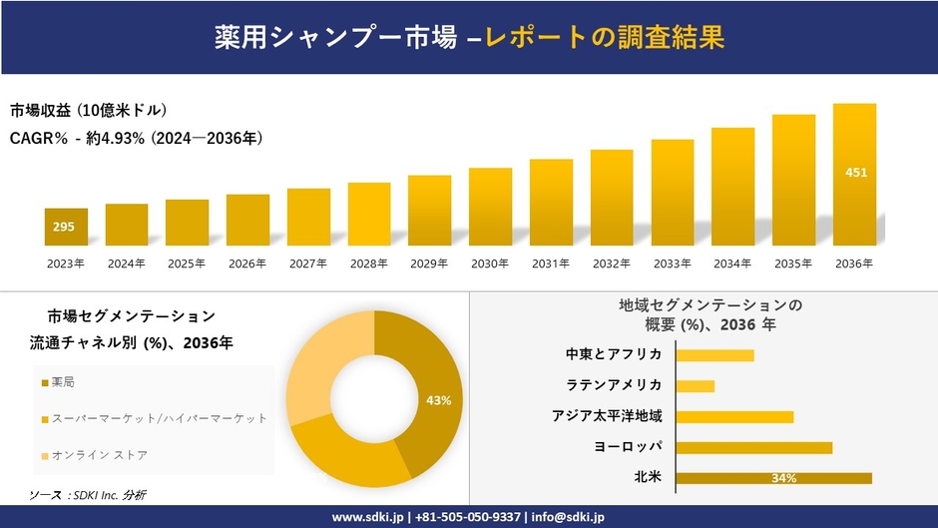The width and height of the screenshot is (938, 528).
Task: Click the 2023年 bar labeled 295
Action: (66, 227)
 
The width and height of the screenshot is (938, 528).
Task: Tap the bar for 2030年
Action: (490, 206)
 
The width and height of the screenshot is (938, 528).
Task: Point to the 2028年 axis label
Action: (368, 264)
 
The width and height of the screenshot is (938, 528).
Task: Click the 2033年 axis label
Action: (672, 264)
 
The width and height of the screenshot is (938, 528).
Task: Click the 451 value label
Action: (855, 173)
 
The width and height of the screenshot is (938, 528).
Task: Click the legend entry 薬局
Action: (63, 382)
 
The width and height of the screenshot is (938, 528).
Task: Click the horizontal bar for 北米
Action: (773, 478)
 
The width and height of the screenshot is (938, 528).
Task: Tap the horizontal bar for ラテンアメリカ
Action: (695, 385)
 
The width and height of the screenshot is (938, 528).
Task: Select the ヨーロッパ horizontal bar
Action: (753, 447)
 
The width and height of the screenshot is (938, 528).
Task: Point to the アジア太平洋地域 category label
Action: (607, 416)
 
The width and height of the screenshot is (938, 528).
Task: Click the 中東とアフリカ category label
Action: (613, 354)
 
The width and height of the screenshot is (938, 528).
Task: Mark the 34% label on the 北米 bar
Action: (783, 479)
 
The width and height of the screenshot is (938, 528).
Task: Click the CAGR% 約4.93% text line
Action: (137, 139)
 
